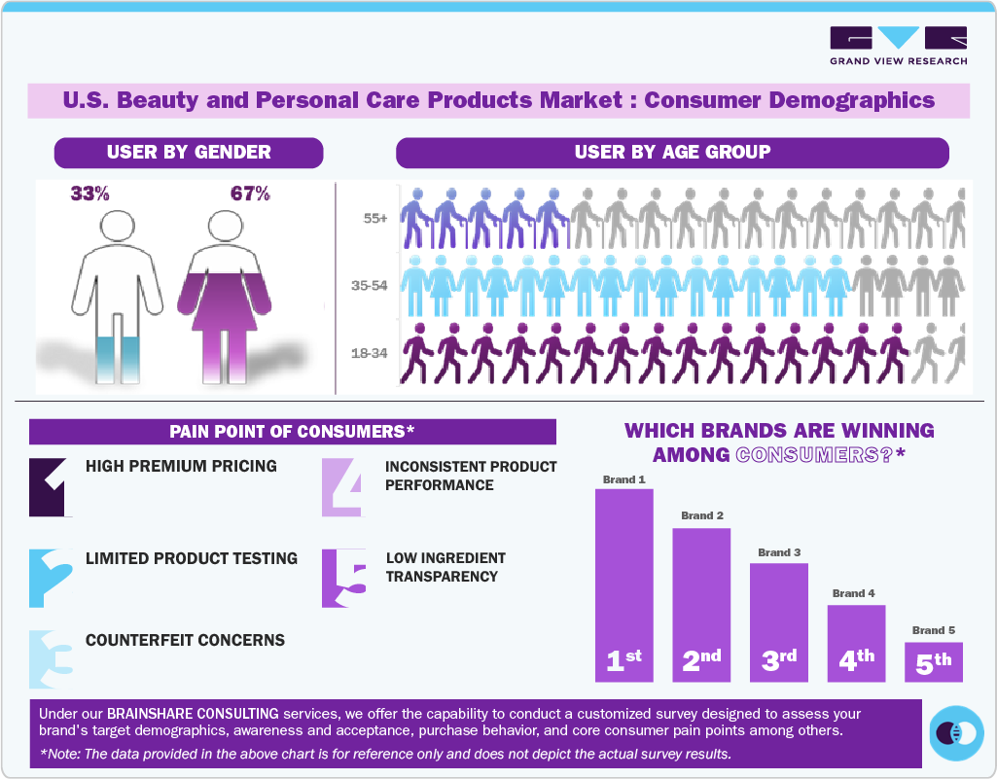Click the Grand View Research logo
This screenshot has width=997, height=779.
tap(898, 46)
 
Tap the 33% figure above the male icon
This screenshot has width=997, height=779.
tap(89, 194)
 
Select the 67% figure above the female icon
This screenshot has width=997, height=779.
tap(250, 194)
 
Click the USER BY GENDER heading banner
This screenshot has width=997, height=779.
tap(189, 153)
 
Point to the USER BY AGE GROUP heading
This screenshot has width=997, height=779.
tap(672, 153)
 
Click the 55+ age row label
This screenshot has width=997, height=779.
tap(375, 219)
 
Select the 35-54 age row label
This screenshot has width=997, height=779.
tap(370, 286)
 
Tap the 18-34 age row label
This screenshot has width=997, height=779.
tap(370, 353)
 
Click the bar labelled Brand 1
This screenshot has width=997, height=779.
tap(623, 584)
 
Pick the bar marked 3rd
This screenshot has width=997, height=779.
tap(778, 622)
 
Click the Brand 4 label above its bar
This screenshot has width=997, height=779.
tap(854, 593)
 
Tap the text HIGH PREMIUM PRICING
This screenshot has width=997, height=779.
tap(181, 466)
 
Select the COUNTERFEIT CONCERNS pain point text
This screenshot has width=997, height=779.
tap(185, 640)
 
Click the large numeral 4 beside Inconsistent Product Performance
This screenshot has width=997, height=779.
tap(343, 486)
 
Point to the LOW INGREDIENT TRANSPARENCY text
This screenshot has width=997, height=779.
tap(445, 567)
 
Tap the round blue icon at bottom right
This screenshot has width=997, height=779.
tap(957, 731)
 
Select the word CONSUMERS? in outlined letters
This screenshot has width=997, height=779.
tap(815, 454)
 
